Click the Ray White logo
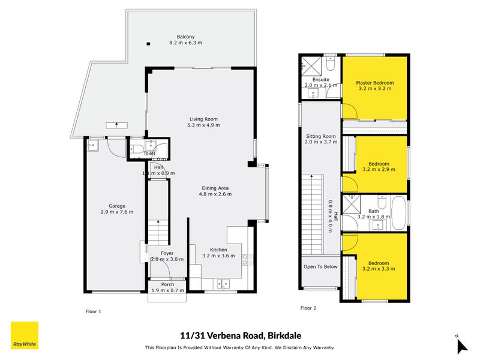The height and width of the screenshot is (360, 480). pos(25,336)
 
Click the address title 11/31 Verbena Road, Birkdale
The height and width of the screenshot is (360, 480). pos(240,337)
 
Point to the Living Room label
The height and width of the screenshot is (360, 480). pos(203,118)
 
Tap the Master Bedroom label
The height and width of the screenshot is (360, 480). pos(374,82)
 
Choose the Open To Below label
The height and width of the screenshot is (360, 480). pos(320,266)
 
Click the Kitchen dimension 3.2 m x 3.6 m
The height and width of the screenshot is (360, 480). pos(218,256)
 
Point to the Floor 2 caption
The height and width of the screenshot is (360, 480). pos(308,308)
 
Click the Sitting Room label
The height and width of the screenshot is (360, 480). pos(320,136)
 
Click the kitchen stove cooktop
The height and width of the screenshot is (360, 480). pos(245,260)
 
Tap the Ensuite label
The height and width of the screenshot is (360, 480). pos(320,79)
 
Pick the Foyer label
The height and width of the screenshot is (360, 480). pos(167,253)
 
